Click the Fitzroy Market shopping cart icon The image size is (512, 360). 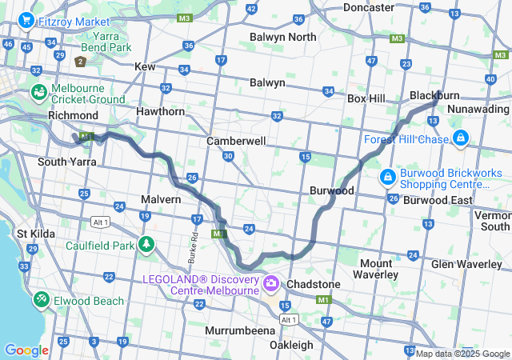(x=26, y=20)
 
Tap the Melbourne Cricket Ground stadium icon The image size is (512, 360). (x=39, y=94)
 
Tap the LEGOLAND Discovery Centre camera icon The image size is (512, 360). (x=271, y=284)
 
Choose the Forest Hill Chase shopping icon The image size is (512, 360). (x=460, y=139)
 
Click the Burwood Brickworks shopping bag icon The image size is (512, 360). (x=387, y=175)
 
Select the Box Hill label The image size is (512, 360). (x=366, y=98)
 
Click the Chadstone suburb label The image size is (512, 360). (x=314, y=284)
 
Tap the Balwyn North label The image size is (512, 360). (x=282, y=37)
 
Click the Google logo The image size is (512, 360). (x=26, y=350)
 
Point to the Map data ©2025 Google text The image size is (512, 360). (x=462, y=354)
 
